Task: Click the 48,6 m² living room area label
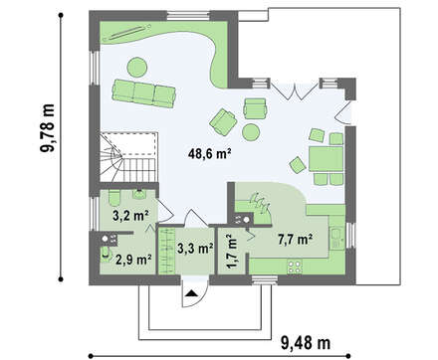(209, 154)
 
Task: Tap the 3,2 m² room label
(130, 216)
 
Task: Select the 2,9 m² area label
(133, 260)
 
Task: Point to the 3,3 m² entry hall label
(195, 248)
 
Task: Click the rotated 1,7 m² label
(232, 251)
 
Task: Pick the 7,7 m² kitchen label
(295, 239)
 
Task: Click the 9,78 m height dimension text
(48, 127)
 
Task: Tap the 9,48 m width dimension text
(306, 343)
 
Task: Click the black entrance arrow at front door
(192, 292)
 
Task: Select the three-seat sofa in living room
(143, 93)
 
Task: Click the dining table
(326, 159)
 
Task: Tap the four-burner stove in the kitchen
(295, 267)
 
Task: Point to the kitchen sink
(336, 238)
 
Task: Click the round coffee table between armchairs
(251, 132)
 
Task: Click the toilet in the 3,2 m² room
(113, 198)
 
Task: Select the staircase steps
(128, 157)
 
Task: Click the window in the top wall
(188, 15)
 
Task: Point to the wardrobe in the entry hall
(166, 251)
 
